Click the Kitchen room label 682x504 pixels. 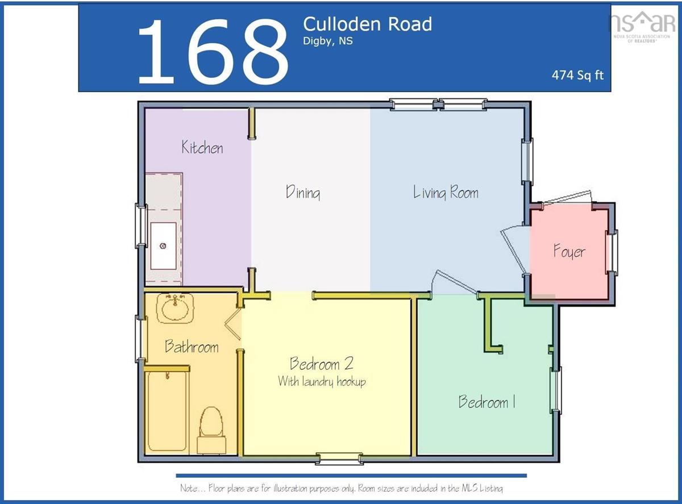coord(202,147)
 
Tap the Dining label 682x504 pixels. coord(303,192)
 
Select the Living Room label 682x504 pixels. coord(446,192)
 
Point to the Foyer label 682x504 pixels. coord(569,251)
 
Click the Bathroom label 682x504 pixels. coord(192,346)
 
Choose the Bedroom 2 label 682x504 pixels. coord(322,364)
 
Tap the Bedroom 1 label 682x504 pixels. coord(487,402)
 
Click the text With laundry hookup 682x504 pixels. coord(322,382)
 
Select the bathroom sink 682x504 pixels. coord(175,308)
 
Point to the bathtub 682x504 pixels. coord(167,411)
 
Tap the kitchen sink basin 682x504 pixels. coord(163,246)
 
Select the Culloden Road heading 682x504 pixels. coord(368,24)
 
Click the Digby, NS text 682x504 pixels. coord(328,41)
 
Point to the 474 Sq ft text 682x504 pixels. coord(577,75)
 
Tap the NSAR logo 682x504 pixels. coord(642,27)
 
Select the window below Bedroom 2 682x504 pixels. coord(339,459)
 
